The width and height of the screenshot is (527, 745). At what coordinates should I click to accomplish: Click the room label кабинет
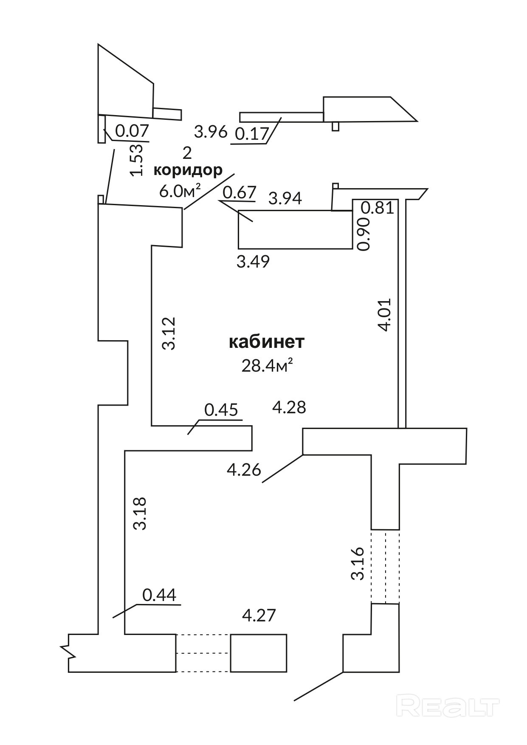[266, 342]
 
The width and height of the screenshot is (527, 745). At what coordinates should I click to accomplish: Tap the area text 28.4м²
[267, 365]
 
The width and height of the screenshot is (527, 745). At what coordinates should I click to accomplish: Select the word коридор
[188, 170]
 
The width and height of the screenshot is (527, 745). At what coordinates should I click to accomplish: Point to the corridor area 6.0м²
[180, 191]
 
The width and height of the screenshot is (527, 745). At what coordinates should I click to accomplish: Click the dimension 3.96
[211, 132]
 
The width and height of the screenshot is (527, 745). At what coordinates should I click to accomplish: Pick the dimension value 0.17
[252, 134]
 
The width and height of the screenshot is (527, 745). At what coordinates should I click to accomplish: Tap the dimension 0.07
[132, 130]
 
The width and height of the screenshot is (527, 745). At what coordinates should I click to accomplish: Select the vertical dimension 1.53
[136, 160]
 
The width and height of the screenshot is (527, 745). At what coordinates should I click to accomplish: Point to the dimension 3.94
[286, 198]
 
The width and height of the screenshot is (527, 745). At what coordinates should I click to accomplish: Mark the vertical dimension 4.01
[384, 315]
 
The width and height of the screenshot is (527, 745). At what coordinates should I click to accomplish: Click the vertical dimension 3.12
[169, 333]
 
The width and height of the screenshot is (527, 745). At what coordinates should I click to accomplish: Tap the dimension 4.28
[289, 407]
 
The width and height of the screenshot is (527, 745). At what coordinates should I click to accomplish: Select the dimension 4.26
[244, 470]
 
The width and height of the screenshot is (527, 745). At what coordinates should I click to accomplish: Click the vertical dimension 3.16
[358, 563]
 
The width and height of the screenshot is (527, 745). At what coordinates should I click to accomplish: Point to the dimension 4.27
[259, 615]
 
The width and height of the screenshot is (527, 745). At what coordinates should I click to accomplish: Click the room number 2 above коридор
[187, 152]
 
